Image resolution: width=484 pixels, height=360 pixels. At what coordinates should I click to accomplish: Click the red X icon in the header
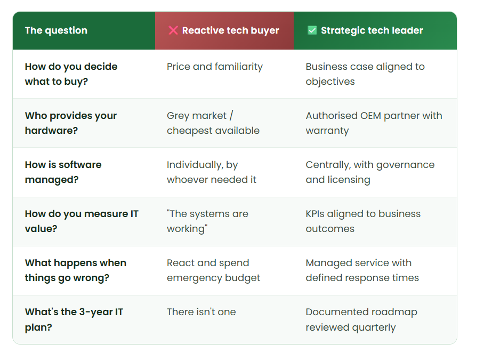tap(173, 30)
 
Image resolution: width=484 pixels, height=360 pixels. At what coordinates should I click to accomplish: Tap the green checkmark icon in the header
tap(312, 30)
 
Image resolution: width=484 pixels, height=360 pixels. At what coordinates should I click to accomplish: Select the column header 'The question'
tap(56, 30)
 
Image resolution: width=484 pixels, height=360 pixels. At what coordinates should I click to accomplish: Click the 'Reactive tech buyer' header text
tap(231, 30)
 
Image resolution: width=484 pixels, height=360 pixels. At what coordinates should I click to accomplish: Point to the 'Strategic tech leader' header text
tap(372, 30)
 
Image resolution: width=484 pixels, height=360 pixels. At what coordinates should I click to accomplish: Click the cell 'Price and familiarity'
tap(215, 67)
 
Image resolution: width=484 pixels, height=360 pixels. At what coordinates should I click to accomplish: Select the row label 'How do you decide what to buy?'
tap(71, 74)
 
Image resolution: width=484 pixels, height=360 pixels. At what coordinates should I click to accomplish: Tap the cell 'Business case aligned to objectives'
tap(365, 74)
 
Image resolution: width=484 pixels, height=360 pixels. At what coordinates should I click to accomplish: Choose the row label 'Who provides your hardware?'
tap(71, 123)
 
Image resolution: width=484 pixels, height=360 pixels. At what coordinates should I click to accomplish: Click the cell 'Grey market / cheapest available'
tap(213, 123)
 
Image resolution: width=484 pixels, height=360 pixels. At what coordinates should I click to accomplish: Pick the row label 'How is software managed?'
tap(63, 172)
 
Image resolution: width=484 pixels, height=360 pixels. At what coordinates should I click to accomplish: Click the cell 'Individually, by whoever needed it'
tap(212, 172)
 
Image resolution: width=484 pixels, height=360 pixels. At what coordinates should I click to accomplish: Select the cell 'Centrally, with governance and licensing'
tap(370, 172)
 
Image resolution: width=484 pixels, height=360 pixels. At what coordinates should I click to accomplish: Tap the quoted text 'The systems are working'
tap(208, 221)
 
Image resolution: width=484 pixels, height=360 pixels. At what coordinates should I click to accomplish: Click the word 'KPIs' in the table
tap(315, 214)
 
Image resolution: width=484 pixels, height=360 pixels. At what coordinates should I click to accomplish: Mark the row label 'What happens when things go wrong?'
tap(76, 270)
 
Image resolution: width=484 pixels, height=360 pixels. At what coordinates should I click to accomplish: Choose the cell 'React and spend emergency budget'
tap(214, 270)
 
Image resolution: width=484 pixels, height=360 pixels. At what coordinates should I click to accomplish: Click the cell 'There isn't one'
tap(201, 312)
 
